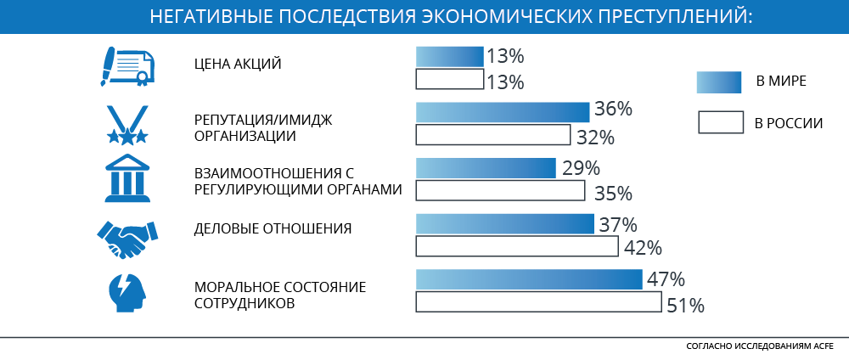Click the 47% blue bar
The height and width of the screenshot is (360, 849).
click(529, 280)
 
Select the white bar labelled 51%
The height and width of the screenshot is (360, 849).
click(538, 301)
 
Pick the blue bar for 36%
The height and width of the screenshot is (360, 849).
click(503, 112)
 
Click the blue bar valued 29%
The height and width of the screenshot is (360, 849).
click(486, 168)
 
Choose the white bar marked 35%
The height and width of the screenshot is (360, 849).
click(500, 189)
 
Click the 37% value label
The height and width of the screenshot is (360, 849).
click(618, 226)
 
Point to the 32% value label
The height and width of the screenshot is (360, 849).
click(594, 137)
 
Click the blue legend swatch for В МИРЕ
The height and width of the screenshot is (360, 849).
click(720, 82)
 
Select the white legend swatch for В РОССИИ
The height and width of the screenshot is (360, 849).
click(721, 122)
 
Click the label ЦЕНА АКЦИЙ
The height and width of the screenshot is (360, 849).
click(238, 65)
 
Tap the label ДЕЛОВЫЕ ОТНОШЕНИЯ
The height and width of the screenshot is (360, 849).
click(273, 228)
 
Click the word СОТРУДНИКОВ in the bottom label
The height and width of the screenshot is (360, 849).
click(245, 302)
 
